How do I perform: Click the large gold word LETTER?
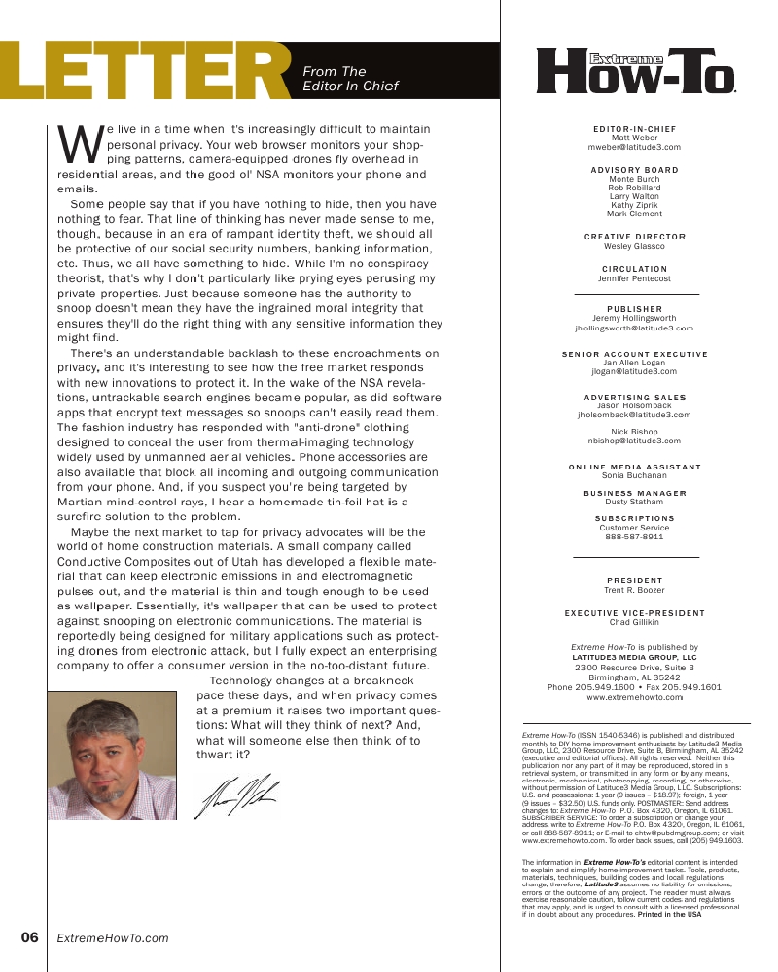[x=146, y=73]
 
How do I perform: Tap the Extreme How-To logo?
[x=635, y=72]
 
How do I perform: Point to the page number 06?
[x=29, y=938]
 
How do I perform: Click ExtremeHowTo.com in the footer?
[x=113, y=938]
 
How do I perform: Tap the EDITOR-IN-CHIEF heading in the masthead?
[x=634, y=129]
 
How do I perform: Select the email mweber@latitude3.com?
[x=634, y=147]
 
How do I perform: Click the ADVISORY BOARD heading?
[x=634, y=170]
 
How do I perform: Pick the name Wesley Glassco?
[x=634, y=246]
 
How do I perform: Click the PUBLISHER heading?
[x=634, y=309]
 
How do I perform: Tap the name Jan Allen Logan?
[x=634, y=363]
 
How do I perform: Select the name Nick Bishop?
[x=634, y=432]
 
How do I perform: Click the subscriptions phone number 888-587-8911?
[x=634, y=536]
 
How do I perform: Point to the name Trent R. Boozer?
[x=634, y=590]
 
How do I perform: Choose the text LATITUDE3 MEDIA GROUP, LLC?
[x=634, y=658]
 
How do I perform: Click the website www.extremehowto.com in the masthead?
[x=634, y=698]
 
